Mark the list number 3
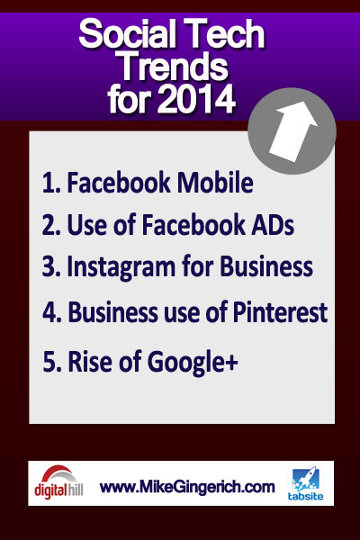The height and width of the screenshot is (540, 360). click(50, 268)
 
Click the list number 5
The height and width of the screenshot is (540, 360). click(51, 364)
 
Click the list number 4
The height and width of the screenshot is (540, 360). click(50, 312)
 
